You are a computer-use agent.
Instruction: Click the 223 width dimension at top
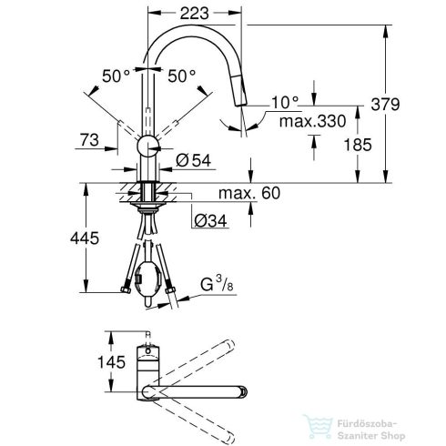(191, 14)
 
